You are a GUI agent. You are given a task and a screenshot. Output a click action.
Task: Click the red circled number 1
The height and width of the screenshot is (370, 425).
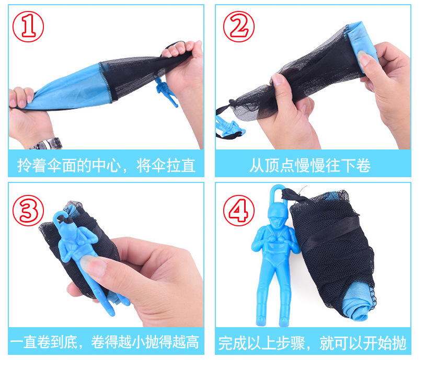28,27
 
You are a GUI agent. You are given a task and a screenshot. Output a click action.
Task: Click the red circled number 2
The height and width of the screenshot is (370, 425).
239,27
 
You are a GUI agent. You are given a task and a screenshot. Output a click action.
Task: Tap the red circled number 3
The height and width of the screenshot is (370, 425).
28,210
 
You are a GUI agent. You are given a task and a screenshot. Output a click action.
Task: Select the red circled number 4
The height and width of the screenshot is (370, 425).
239,210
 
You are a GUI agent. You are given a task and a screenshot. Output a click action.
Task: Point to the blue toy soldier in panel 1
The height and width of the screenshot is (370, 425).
166,91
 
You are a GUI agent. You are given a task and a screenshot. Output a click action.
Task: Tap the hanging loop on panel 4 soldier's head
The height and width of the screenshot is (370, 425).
277,193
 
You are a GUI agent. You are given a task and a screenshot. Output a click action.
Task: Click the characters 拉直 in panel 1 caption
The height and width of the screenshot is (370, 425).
181,165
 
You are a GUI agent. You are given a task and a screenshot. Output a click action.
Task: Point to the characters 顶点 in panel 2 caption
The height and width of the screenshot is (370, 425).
280,165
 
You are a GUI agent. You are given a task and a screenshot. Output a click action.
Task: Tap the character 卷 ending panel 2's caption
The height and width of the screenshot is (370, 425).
363,165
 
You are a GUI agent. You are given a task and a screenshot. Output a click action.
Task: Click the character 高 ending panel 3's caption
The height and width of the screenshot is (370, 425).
192,342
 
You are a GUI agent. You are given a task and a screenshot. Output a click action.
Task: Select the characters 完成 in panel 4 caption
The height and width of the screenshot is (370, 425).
233,343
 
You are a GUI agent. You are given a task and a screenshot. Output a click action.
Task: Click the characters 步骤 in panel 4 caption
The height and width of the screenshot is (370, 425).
291,343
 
